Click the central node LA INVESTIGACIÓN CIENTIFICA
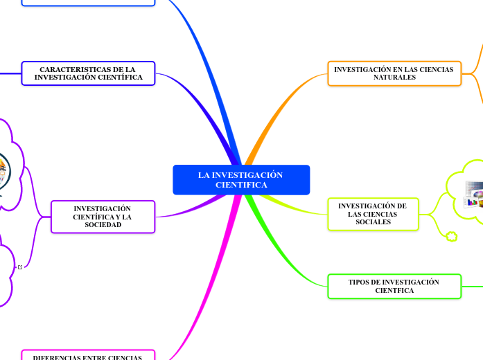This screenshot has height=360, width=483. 240,180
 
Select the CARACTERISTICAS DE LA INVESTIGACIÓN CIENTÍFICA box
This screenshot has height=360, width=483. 88,73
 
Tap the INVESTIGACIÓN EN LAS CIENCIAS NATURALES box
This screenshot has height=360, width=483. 394,73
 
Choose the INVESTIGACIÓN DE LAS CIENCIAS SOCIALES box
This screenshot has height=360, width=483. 372,214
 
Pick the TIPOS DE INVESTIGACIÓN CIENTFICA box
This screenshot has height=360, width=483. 394,286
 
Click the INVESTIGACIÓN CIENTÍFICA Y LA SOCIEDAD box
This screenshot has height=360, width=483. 103,217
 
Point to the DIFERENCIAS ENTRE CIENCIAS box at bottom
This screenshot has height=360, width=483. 88,356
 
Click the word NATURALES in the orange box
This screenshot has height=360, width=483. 394,78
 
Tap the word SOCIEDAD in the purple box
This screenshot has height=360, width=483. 103,225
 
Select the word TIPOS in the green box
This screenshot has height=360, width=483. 359,282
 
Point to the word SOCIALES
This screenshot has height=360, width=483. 372,222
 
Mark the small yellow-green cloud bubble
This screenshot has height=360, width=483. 452,237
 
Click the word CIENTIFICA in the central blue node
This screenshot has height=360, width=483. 240,185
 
